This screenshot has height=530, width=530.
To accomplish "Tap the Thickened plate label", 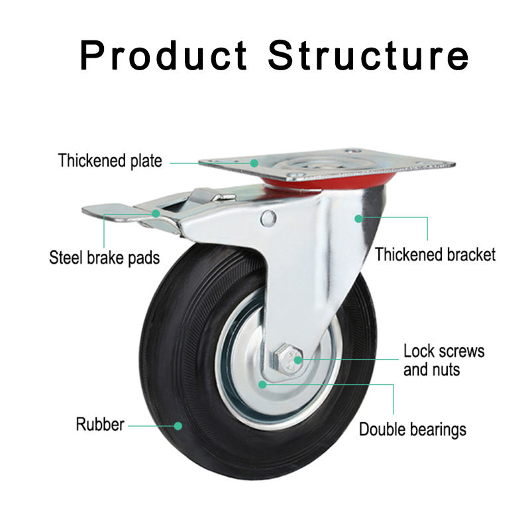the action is click(x=110, y=161).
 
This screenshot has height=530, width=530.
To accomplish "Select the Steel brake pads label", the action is click(x=105, y=257).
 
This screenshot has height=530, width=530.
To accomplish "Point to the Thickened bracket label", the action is click(x=435, y=254).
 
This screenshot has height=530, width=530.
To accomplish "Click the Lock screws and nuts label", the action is click(x=444, y=360).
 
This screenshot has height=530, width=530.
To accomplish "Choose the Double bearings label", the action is click(x=412, y=429).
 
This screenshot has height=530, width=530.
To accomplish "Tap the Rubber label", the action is click(x=99, y=425).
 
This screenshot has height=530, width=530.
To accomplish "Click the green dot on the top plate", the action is click(x=254, y=162).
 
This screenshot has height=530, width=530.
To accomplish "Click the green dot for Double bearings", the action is click(x=263, y=384).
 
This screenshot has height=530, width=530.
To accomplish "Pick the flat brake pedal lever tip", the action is click(x=99, y=211).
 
